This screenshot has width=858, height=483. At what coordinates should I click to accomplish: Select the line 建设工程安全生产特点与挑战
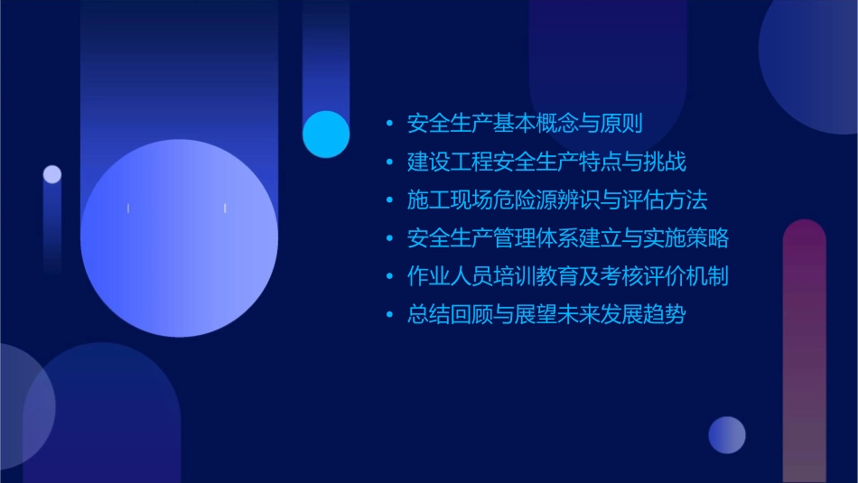pos(546,163)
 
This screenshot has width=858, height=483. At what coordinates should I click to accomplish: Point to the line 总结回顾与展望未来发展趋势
pos(546,315)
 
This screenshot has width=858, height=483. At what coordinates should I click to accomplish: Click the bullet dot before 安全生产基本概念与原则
pos(389,124)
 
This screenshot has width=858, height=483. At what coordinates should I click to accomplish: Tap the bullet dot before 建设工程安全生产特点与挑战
pos(389,163)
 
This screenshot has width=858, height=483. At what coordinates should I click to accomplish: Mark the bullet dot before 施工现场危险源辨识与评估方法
pos(389,200)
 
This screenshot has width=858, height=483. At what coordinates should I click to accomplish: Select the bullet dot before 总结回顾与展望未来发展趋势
pos(389,315)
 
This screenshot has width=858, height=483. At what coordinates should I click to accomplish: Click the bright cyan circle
pos(326,134)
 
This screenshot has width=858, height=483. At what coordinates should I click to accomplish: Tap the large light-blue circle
pos(179,238)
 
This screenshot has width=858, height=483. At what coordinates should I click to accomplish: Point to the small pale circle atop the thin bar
pos(52,174)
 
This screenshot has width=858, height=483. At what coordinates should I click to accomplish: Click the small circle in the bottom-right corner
pos(727,434)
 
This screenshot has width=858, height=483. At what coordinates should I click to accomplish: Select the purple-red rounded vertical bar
pos(804,352)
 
